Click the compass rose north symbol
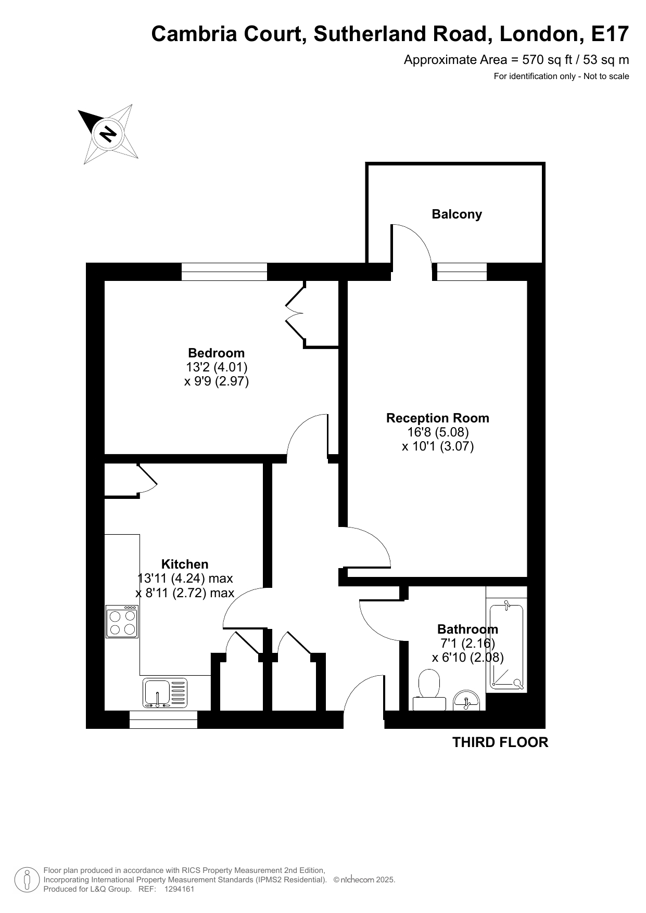point(108,134)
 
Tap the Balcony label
point(457,214)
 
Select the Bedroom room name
point(216,353)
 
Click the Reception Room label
point(438,418)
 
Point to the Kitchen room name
point(185,564)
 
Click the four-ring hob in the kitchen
point(122,622)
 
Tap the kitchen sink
point(164,693)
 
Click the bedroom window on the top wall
point(224,272)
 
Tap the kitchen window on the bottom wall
point(163,719)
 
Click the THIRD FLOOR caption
point(500,742)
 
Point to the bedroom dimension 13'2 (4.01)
point(217,367)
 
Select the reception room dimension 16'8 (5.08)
point(438,432)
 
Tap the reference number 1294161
point(179,889)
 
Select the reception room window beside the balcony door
point(462,272)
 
